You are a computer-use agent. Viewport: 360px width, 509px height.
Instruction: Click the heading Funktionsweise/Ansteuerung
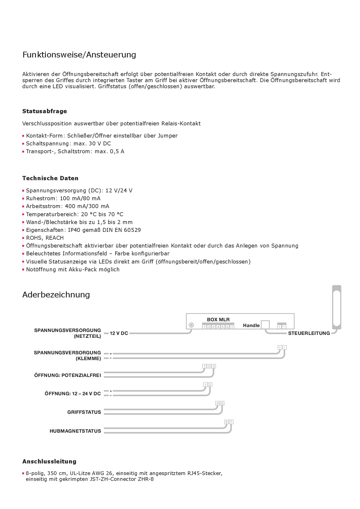point(79,55)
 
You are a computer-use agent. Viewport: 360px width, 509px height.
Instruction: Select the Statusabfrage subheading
point(44,111)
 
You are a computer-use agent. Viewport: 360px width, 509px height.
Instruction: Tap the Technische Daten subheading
point(50,178)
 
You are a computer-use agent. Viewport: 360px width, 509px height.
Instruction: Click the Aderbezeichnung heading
point(56,295)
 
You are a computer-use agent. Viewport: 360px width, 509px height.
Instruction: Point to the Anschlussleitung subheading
point(49,461)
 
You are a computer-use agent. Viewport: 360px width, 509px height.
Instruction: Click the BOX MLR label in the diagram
point(218,320)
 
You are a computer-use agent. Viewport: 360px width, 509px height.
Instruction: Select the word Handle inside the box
point(251,326)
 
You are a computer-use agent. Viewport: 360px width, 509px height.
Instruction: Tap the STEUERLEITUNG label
point(309,333)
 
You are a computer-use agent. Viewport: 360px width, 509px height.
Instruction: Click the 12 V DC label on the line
point(119,333)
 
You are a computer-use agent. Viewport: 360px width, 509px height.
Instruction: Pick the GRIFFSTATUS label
point(84,412)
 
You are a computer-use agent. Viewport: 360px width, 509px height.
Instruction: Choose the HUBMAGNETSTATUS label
point(75,431)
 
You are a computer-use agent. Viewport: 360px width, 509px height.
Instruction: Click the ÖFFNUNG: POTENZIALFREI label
point(67,375)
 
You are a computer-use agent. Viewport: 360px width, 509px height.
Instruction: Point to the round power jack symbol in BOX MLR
point(191,325)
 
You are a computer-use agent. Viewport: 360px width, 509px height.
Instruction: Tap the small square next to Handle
point(265,325)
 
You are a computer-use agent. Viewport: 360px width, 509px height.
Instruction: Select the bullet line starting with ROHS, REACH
point(45,238)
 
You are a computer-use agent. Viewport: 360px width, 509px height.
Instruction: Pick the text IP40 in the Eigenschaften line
point(74,230)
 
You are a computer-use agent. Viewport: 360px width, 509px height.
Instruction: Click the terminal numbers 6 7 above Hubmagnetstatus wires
point(229,422)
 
